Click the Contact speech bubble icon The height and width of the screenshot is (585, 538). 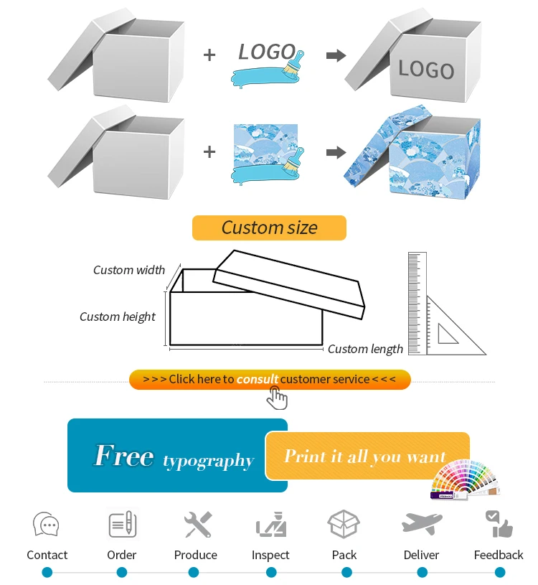pyautogui.click(x=46, y=525)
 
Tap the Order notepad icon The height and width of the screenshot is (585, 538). pyautogui.click(x=122, y=524)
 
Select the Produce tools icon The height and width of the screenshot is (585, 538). pyautogui.click(x=197, y=525)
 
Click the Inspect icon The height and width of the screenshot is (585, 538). pyautogui.click(x=271, y=525)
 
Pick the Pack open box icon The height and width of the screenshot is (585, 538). pyautogui.click(x=344, y=524)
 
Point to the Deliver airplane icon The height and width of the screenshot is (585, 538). pyautogui.click(x=422, y=524)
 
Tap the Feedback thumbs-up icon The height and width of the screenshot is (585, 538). pyautogui.click(x=499, y=525)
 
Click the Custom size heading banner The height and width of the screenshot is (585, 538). pyautogui.click(x=269, y=228)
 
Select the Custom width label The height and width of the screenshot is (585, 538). pyautogui.click(x=129, y=270)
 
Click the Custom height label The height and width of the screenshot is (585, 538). pyautogui.click(x=118, y=317)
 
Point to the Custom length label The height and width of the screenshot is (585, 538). pyautogui.click(x=365, y=349)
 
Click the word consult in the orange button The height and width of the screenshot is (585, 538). pyautogui.click(x=257, y=379)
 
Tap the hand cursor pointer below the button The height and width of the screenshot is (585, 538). pyautogui.click(x=277, y=397)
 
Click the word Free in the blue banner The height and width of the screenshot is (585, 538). pyautogui.click(x=124, y=456)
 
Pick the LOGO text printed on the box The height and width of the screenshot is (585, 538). pyautogui.click(x=426, y=69)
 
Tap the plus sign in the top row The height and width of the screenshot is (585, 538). pyautogui.click(x=209, y=55)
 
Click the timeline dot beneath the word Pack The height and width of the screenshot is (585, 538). pyautogui.click(x=346, y=572)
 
